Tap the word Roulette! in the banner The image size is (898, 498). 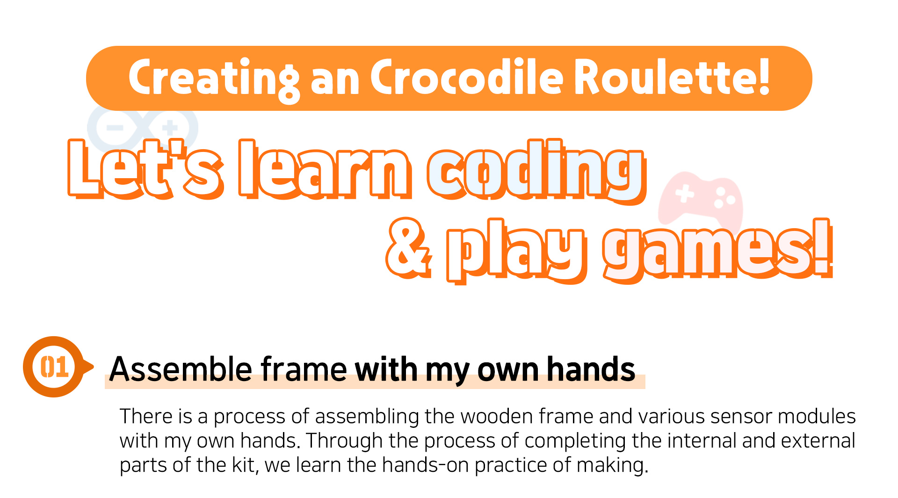click(672, 77)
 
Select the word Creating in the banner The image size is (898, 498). click(214, 79)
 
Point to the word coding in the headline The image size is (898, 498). click(536, 172)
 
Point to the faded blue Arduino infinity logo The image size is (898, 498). click(143, 127)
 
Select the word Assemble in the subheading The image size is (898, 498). click(181, 369)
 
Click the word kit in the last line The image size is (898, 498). click(245, 466)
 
